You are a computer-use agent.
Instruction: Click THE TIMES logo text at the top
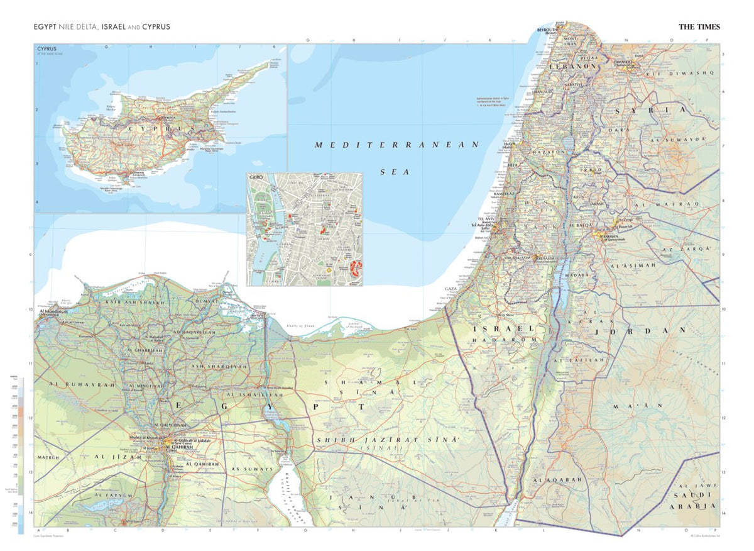pyautogui.click(x=699, y=27)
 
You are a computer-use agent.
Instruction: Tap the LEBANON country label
pyautogui.click(x=572, y=65)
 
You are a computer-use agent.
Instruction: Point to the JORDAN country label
pyautogui.click(x=645, y=330)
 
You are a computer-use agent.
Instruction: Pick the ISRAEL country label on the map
pyautogui.click(x=498, y=329)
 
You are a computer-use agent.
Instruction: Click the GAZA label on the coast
pyautogui.click(x=451, y=289)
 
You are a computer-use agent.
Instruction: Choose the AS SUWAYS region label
pyautogui.click(x=252, y=469)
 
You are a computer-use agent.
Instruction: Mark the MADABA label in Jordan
pyautogui.click(x=576, y=275)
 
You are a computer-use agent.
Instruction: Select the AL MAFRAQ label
pyautogui.click(x=659, y=204)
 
